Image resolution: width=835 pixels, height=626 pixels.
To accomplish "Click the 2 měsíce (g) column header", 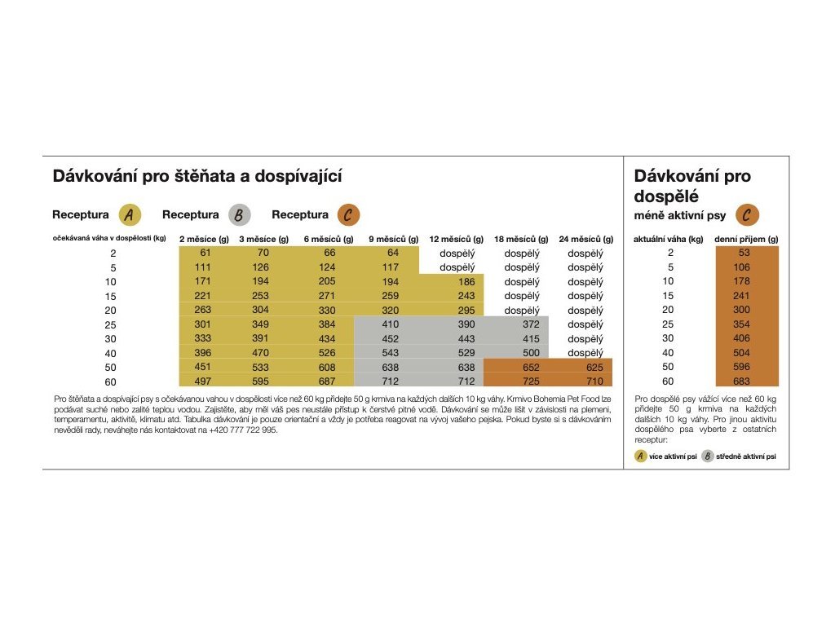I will point(204,239).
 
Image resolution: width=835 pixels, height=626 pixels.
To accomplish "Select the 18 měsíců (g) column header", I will point(521,239).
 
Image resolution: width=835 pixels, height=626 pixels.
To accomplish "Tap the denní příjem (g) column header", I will point(746,239).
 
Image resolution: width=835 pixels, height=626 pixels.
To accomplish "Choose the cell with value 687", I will point(326,381).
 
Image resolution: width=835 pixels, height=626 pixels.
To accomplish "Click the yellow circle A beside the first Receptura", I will point(130,215).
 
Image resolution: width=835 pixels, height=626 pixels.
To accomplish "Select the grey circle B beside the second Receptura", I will point(239,215).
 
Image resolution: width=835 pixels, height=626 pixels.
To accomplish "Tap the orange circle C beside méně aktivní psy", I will point(747,215).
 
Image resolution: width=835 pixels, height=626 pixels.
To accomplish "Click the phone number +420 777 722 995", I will point(244,430).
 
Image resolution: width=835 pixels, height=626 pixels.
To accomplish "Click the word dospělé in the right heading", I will point(667,196).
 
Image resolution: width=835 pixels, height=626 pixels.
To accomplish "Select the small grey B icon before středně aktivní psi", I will point(707,456).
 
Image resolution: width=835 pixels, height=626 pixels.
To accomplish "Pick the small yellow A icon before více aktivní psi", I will point(641,456).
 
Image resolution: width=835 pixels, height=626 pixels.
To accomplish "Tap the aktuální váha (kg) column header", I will point(669,239).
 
